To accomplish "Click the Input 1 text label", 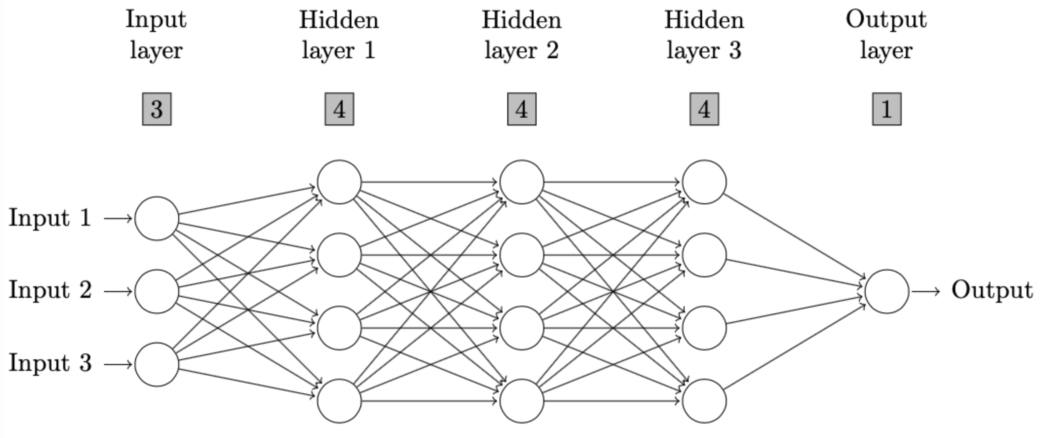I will click(x=50, y=218).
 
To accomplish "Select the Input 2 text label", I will click(x=50, y=291).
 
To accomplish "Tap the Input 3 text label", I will click(x=50, y=363).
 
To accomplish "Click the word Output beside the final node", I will click(x=992, y=291).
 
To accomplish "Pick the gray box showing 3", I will click(x=157, y=109).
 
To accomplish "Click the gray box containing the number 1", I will click(x=887, y=109).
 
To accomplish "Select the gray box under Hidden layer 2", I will click(x=522, y=109).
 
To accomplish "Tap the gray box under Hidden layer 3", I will click(x=704, y=109).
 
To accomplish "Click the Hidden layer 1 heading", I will click(x=339, y=35).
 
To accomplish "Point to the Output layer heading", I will click(x=887, y=35).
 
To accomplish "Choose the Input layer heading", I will click(x=156, y=35).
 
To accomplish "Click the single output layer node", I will click(x=887, y=291).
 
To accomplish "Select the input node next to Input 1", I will click(x=157, y=218).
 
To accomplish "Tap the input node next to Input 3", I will click(x=157, y=364).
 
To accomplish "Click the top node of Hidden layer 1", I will click(x=339, y=182).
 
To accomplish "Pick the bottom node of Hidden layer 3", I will click(x=704, y=401).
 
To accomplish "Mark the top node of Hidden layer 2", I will click(x=522, y=182).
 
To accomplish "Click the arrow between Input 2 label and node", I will click(x=118, y=291).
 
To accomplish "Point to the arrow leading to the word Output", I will click(x=926, y=291).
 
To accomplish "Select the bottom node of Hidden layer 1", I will click(x=339, y=401).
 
